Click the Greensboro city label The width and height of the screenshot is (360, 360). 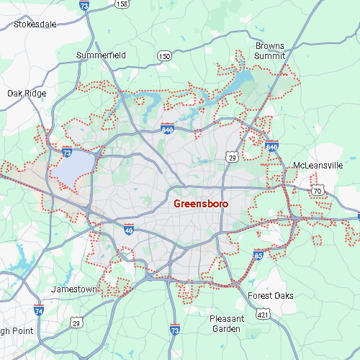201,204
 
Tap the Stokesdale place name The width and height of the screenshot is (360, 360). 35,24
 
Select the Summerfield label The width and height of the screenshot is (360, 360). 102,55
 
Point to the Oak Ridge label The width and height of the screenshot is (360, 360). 27,93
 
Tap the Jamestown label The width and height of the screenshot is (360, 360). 73,289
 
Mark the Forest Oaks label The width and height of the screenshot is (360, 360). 270,296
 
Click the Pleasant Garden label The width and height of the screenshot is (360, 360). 227,323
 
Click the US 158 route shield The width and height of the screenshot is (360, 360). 122,4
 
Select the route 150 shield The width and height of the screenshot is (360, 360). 165,55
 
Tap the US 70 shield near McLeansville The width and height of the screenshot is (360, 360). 318,190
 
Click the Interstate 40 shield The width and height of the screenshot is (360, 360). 128,230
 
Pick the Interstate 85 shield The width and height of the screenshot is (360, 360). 258,254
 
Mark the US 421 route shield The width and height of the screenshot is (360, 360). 264,315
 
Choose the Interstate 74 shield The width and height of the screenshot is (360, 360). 39,310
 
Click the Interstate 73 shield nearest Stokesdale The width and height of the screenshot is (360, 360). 84,6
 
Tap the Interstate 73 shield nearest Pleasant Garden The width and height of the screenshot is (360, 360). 175,329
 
